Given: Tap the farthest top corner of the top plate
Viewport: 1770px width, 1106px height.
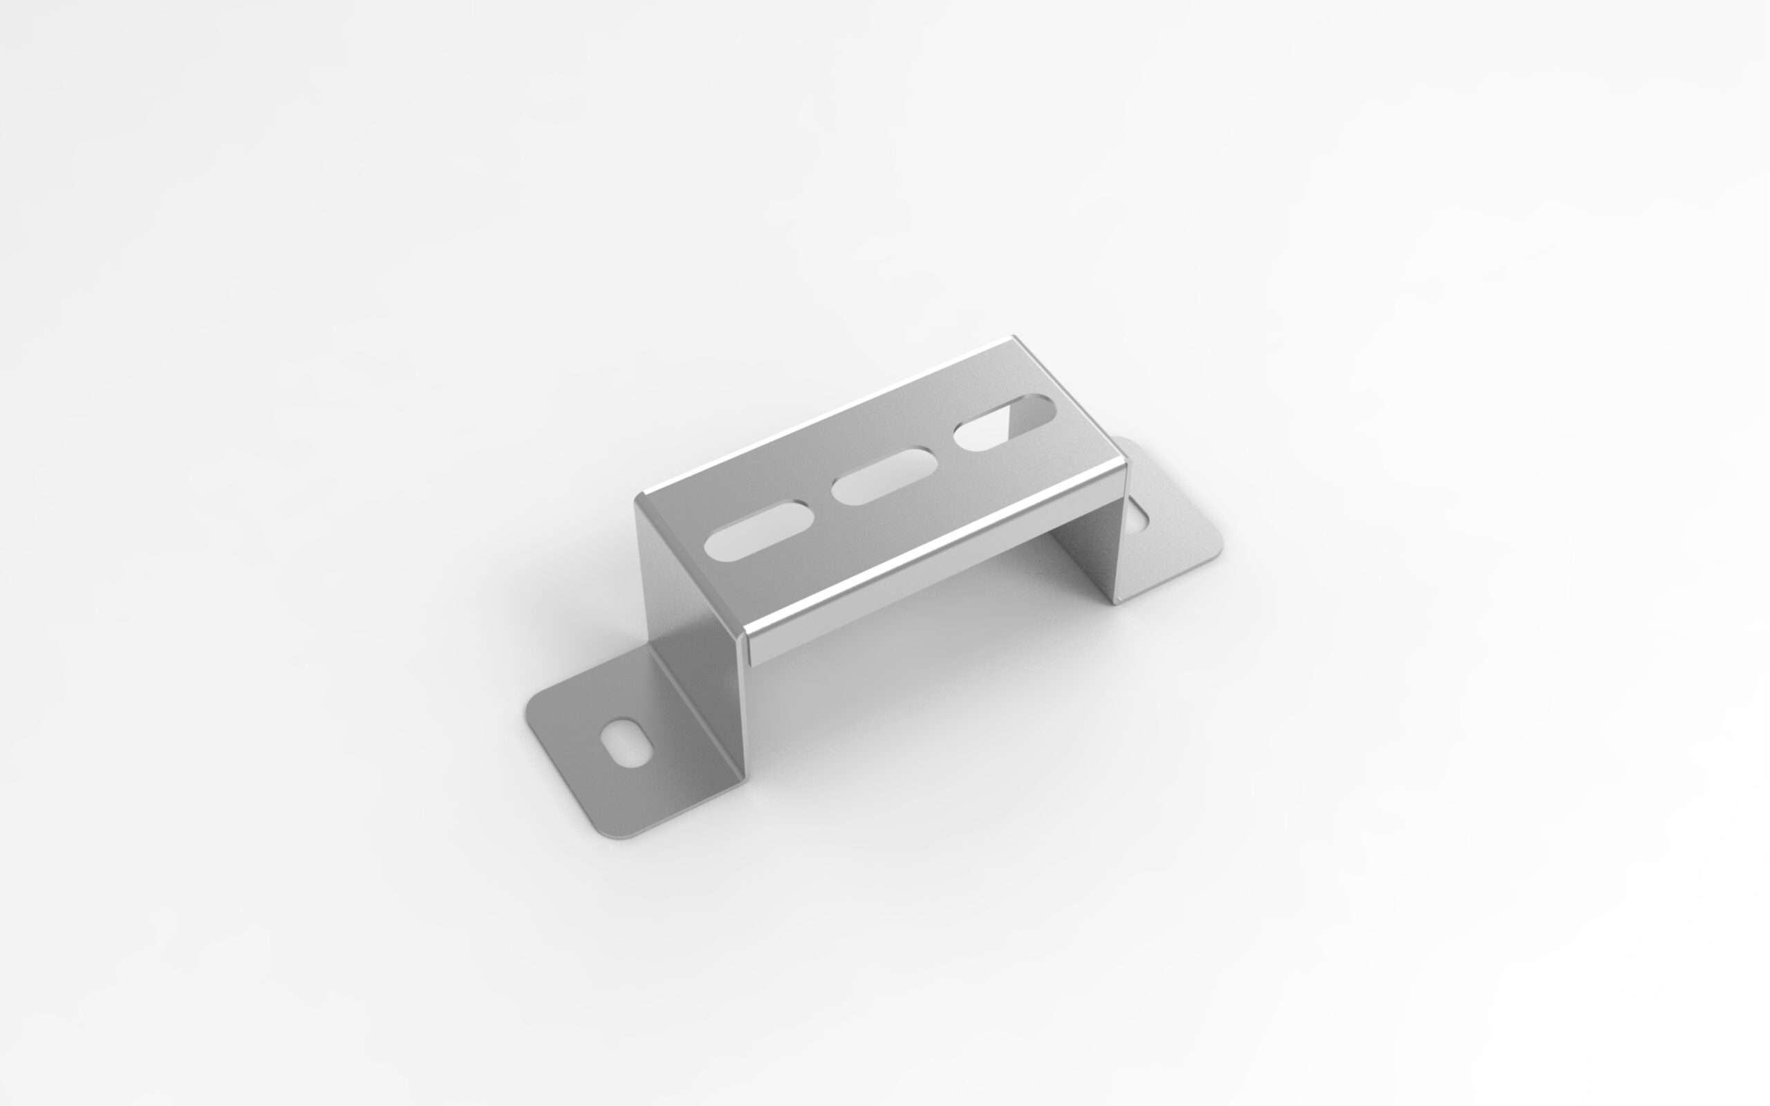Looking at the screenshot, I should point(1014,339).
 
